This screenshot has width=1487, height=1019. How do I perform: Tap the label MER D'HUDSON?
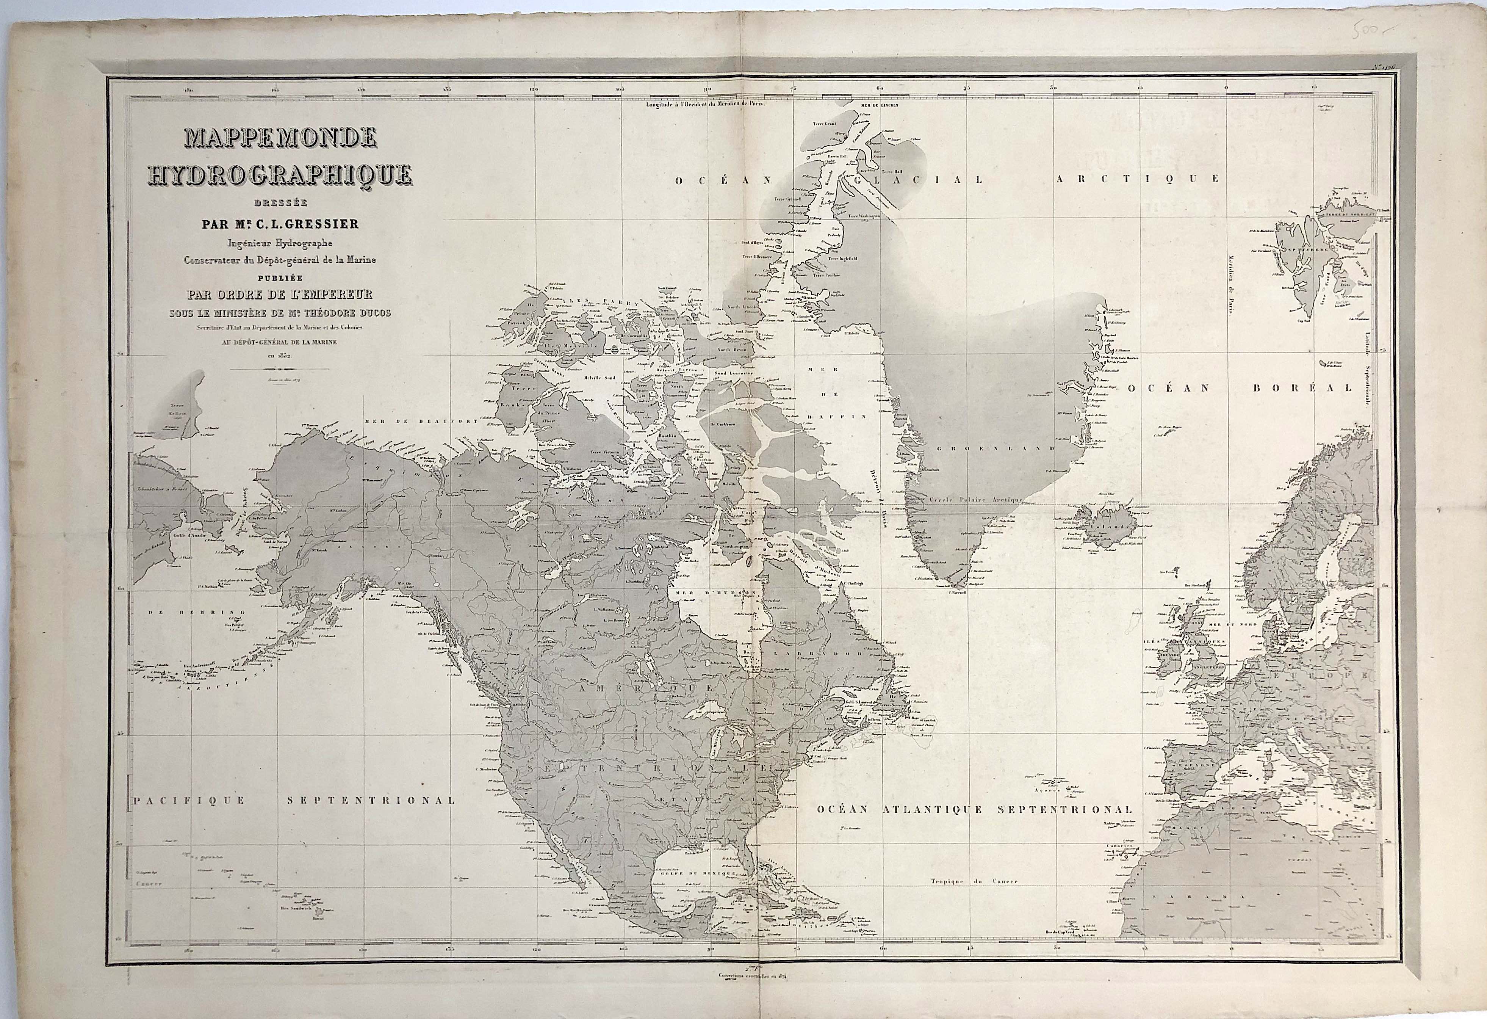pyautogui.click(x=716, y=593)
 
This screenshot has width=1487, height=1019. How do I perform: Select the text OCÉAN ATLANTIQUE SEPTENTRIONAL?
pyautogui.click(x=974, y=809)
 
